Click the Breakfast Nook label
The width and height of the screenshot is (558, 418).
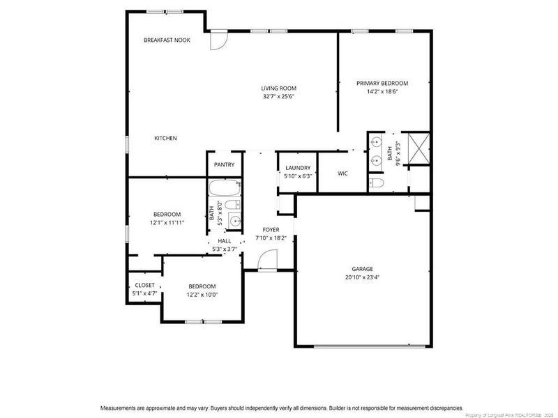[167, 40]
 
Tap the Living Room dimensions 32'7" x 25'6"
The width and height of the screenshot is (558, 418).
[278, 96]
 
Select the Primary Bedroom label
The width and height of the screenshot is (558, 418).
[382, 83]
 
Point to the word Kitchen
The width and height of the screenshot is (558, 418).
[165, 138]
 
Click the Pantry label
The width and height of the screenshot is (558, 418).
[224, 164]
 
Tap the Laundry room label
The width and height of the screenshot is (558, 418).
[298, 168]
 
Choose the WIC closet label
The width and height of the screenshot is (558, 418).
[342, 173]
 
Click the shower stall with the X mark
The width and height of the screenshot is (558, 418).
[418, 148]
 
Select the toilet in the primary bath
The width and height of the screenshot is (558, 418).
[376, 183]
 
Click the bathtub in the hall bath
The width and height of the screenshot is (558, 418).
[225, 187]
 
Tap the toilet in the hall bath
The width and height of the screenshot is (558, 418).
[233, 205]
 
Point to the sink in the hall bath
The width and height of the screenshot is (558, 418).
[234, 221]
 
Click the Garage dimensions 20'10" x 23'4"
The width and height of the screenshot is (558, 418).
[362, 277]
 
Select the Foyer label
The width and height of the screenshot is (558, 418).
[271, 230]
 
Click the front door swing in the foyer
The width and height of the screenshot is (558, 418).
[268, 260]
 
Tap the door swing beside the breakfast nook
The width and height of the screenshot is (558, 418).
[218, 40]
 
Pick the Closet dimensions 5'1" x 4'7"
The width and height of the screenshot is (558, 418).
[145, 293]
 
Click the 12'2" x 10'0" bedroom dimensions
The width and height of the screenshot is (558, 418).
[202, 295]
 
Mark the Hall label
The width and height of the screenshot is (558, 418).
[225, 241]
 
